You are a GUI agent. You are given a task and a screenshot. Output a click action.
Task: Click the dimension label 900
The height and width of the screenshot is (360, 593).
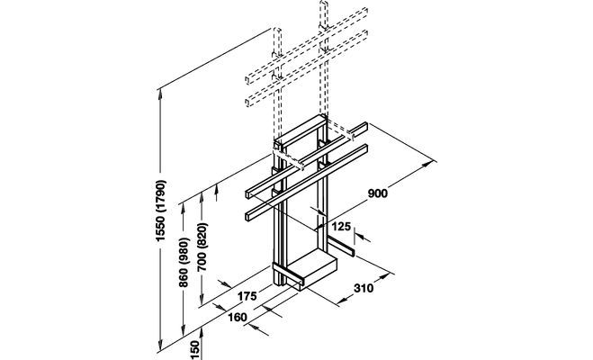378,193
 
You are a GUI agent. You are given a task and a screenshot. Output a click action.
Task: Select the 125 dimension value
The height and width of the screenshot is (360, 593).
342,227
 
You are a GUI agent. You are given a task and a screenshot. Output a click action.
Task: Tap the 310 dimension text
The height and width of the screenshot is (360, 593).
364,289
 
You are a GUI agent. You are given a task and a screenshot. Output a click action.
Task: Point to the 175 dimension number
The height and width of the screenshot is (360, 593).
247,296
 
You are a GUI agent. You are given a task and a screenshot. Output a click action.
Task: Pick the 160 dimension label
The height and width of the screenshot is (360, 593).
238,318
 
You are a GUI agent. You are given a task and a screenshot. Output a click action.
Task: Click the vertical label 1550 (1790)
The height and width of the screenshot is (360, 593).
161,211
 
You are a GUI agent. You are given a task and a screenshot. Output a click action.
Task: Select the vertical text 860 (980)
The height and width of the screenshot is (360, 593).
184,262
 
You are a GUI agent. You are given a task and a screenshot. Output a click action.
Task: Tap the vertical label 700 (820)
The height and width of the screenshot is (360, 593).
202,247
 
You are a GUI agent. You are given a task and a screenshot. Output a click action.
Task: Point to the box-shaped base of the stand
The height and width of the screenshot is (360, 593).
311,269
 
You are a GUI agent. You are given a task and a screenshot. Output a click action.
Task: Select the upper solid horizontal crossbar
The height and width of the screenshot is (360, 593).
307,160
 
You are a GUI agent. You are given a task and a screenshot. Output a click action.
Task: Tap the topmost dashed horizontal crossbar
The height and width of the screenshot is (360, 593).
307,45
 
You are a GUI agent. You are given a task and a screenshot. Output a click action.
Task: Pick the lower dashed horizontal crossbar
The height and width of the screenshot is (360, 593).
307,68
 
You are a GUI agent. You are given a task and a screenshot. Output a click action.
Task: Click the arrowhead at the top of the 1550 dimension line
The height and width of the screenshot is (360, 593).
160,94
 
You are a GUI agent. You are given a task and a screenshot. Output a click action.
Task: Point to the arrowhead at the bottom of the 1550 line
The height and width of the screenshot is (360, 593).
160,343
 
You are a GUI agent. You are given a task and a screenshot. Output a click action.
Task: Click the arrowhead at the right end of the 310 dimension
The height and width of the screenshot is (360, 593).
384,276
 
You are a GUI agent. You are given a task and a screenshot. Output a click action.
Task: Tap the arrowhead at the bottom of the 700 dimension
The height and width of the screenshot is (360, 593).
202,300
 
